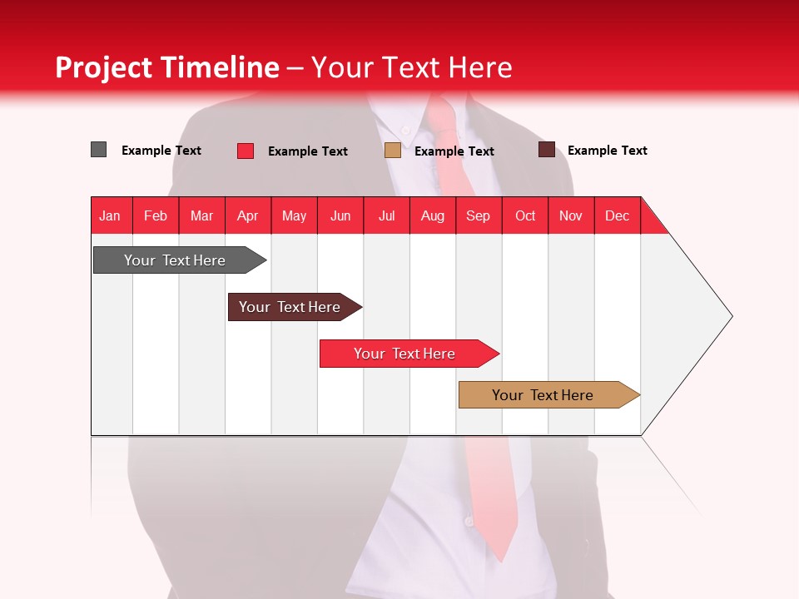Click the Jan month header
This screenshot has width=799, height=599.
click(111, 215)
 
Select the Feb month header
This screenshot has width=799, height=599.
click(156, 215)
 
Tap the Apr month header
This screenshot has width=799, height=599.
click(248, 215)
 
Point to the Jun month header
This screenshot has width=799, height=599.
click(340, 215)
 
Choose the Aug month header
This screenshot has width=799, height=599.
click(433, 215)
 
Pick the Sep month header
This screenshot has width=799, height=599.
click(479, 215)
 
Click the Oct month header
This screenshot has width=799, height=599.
click(525, 215)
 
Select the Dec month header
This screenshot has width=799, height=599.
click(618, 215)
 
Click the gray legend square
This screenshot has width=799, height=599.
click(99, 150)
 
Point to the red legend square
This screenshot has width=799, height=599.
click(246, 151)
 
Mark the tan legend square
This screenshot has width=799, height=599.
click(393, 151)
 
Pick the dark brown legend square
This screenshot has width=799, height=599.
click(547, 150)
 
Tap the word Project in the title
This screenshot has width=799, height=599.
click(103, 67)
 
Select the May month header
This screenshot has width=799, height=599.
click(294, 215)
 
